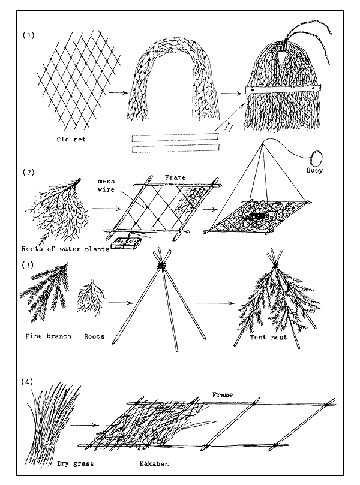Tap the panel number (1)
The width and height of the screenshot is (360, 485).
[28, 34]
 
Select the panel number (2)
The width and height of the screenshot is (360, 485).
[29, 173]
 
